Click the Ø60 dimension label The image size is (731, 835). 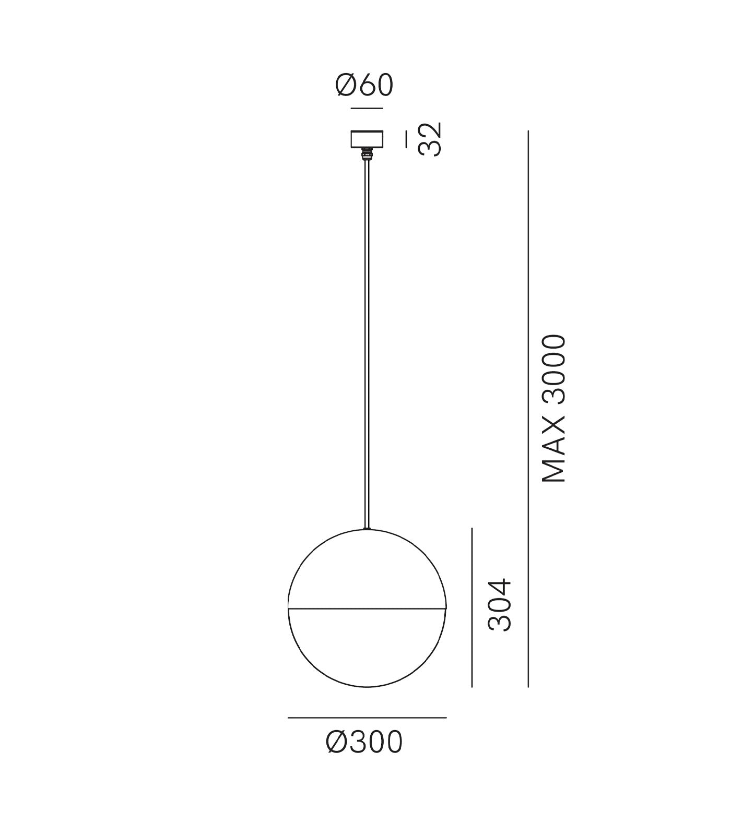pyautogui.click(x=364, y=86)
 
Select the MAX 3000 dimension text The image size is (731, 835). pyautogui.click(x=554, y=408)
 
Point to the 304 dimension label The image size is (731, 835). pyautogui.click(x=500, y=604)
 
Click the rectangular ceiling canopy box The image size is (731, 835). pyautogui.click(x=367, y=139)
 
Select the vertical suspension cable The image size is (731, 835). pyautogui.click(x=367, y=345)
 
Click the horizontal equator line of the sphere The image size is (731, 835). pyautogui.click(x=367, y=608)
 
